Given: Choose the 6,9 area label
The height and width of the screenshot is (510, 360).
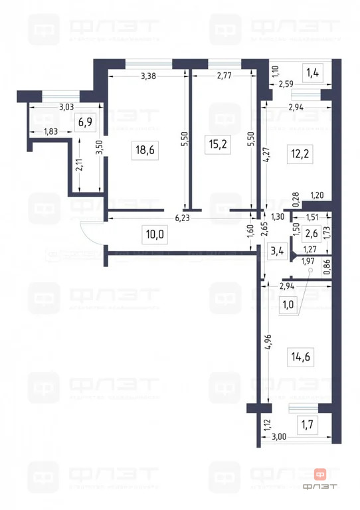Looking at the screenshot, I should pyautogui.click(x=84, y=122).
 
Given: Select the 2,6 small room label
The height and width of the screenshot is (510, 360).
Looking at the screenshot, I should pyautogui.click(x=312, y=232).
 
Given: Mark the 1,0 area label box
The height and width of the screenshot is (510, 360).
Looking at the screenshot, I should pyautogui.click(x=289, y=304).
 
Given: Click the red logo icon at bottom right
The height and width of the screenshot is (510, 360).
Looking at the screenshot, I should pyautogui.click(x=320, y=474).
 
